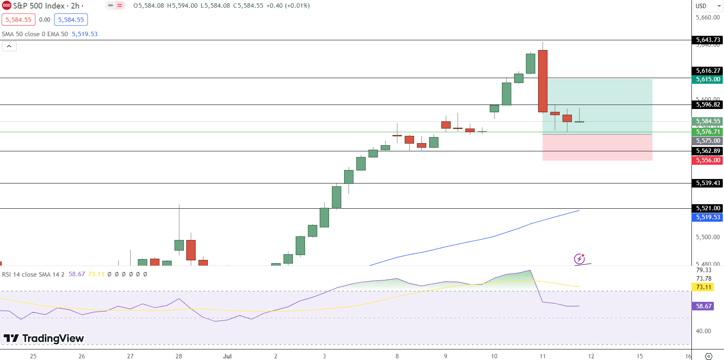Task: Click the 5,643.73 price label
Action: [x=708, y=40]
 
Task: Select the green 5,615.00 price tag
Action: [x=708, y=79]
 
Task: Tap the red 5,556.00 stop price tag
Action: [x=708, y=160]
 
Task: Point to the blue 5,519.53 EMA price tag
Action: [x=708, y=217]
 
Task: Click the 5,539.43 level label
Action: [x=708, y=183]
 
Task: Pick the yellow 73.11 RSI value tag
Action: [x=704, y=287]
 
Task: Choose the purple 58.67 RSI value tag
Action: [x=704, y=306]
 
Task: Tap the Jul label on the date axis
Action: [x=227, y=356]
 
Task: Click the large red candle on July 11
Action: [x=543, y=81]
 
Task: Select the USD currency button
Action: [x=701, y=6]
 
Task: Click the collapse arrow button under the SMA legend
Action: [x=9, y=46]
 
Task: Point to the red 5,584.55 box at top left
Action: [x=18, y=20]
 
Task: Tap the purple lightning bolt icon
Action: [x=579, y=259]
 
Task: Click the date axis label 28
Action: [x=179, y=356]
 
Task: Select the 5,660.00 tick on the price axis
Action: [x=708, y=17]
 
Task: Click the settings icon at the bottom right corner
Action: [x=709, y=356]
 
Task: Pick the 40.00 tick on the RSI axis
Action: [x=704, y=331]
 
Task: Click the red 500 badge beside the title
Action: [x=7, y=6]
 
